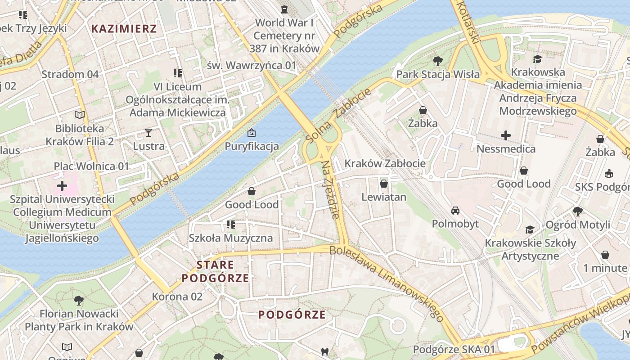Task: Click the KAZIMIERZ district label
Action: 124,29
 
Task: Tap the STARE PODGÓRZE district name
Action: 215,271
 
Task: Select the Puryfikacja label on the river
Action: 252,146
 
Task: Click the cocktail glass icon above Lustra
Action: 148,132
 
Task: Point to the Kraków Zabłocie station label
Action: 385,163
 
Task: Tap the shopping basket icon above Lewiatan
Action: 384,184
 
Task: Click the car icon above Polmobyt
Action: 455,211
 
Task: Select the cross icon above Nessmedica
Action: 506,135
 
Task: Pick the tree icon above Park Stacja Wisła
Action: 437,61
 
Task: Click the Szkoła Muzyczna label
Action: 231,238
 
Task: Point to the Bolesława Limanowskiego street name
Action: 387,283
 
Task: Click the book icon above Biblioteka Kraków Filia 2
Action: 80,115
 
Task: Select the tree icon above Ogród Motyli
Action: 578,211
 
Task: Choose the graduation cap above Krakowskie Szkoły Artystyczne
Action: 530,230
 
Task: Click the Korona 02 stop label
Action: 177,297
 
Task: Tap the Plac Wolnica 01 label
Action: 91,166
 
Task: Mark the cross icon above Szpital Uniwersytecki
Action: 62,185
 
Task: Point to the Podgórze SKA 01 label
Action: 454,349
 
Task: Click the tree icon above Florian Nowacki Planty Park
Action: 79,300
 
